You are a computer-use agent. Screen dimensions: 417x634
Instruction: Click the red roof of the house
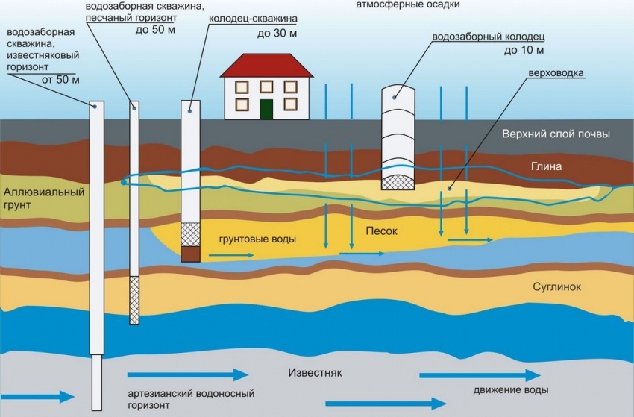click(x=266, y=66)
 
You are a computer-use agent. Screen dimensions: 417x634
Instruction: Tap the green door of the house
click(x=266, y=109)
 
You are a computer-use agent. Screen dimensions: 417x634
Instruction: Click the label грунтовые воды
click(x=257, y=240)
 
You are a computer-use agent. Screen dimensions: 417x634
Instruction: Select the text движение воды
click(x=511, y=390)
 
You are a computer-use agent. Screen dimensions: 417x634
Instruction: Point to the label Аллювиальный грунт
click(x=34, y=198)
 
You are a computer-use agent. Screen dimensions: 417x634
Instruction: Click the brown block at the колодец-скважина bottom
click(x=192, y=254)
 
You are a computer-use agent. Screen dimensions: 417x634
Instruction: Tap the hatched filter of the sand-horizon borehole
click(x=134, y=300)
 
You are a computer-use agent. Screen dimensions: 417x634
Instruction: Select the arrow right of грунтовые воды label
click(x=230, y=254)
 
